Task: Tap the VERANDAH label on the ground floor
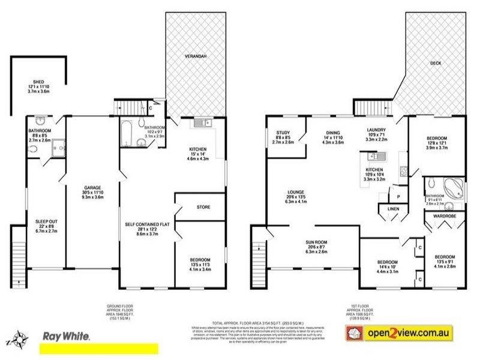click(196, 56)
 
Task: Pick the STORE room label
click(203, 208)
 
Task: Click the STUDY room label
click(283, 133)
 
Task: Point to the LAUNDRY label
click(380, 130)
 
